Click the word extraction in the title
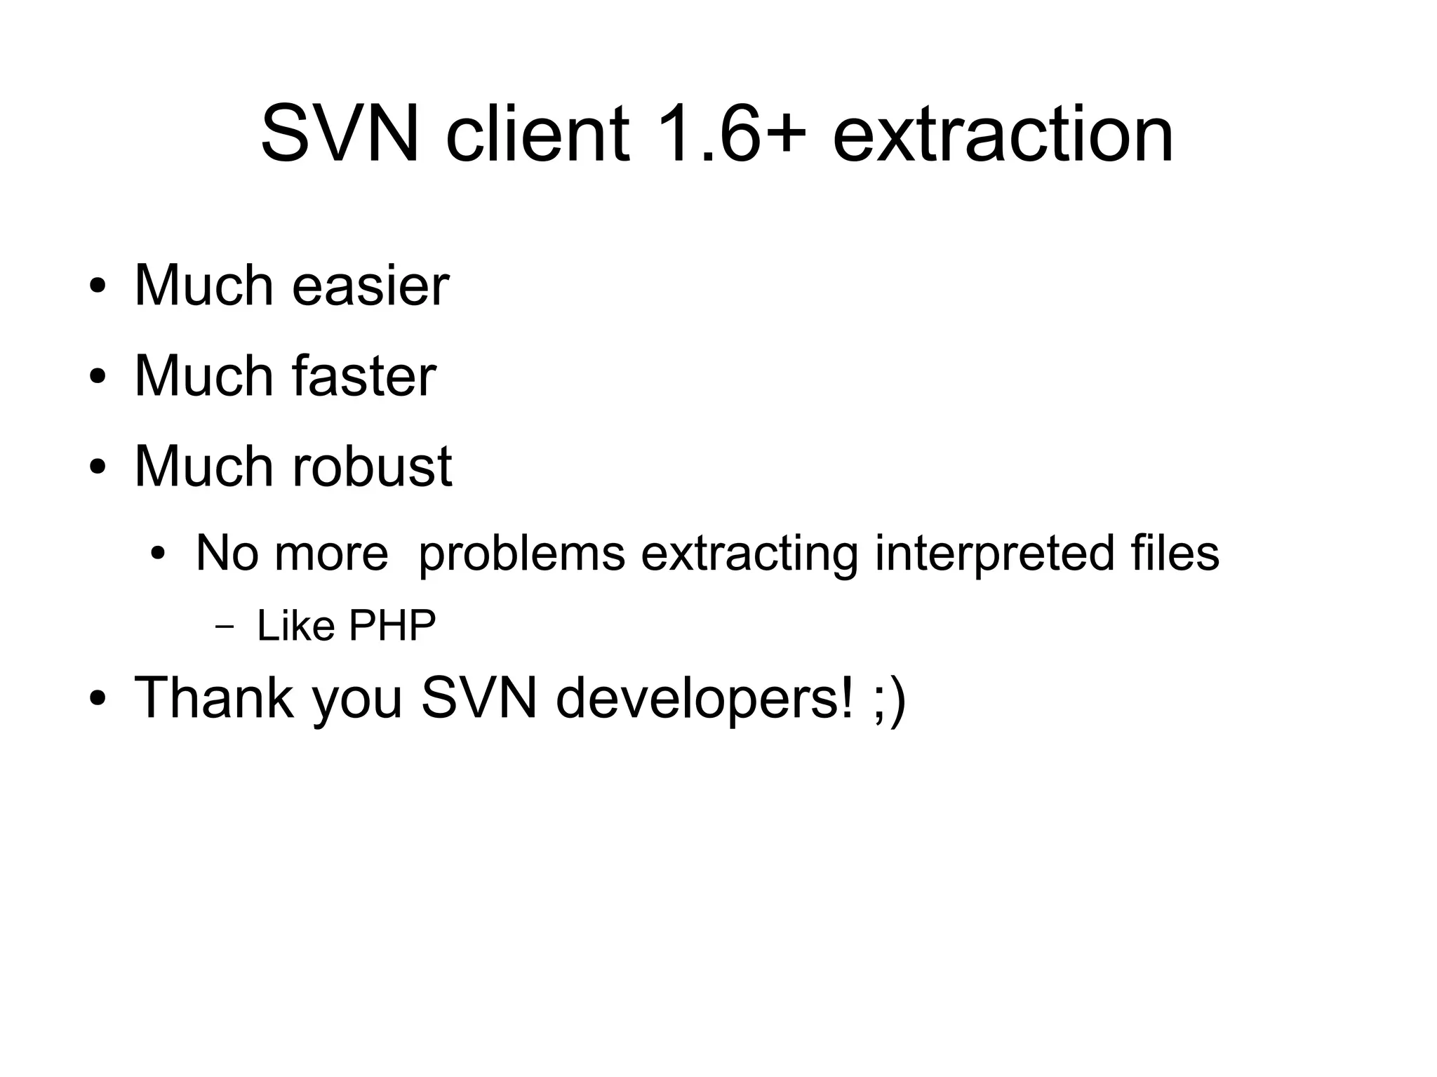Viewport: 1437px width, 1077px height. (x=1003, y=133)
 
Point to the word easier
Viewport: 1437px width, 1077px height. (x=370, y=286)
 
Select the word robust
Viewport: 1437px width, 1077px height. (x=372, y=466)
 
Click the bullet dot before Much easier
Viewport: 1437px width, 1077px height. (x=98, y=287)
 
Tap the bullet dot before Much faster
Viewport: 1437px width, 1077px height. (x=98, y=377)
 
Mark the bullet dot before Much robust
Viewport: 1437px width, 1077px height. (x=98, y=467)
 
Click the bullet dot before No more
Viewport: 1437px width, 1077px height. (x=159, y=554)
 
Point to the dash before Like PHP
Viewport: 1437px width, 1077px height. (x=225, y=627)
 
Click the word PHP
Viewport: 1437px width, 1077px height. (x=392, y=625)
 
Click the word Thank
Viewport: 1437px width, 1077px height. (x=214, y=697)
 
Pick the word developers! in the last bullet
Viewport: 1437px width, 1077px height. (x=706, y=699)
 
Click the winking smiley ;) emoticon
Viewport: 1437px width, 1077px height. (x=890, y=699)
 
